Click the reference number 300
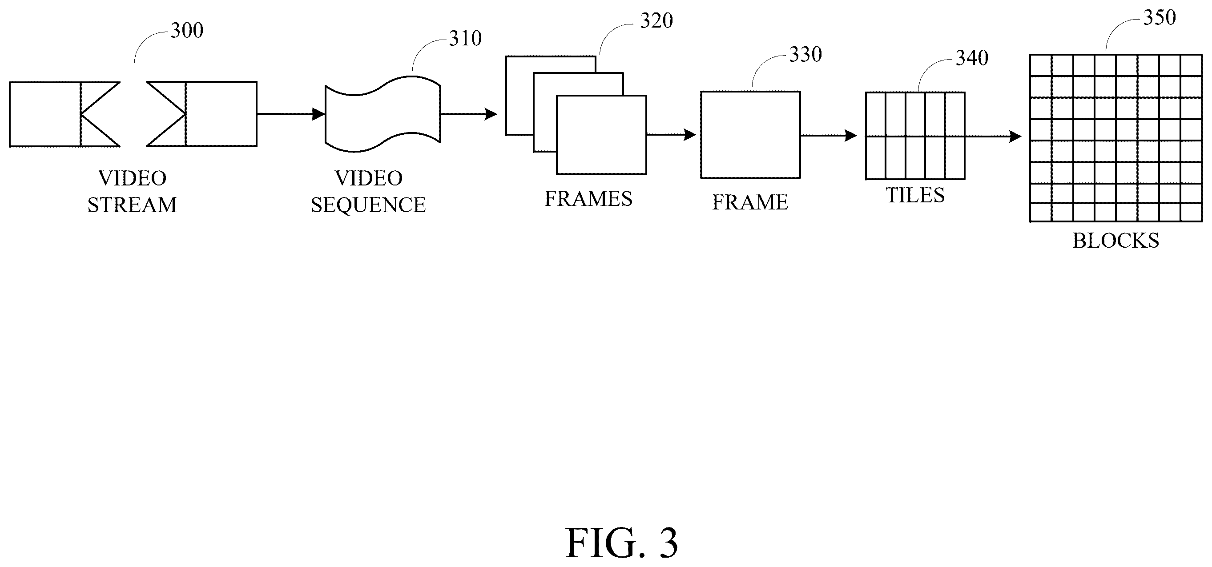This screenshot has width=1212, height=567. click(x=187, y=31)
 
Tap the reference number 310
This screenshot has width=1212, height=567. click(x=465, y=39)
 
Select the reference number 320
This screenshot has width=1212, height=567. click(x=656, y=21)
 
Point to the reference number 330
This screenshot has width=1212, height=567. click(x=805, y=55)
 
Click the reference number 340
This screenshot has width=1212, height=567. click(x=972, y=58)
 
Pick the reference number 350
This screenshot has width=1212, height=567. click(x=1160, y=18)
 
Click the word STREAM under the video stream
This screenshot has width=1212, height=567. click(x=132, y=205)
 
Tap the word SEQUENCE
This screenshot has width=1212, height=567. click(x=368, y=205)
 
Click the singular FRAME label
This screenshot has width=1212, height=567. click(x=750, y=202)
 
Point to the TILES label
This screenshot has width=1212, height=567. click(x=915, y=195)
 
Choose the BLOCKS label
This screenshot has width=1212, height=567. click(x=1115, y=241)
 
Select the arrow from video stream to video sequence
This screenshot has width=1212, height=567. click(x=291, y=114)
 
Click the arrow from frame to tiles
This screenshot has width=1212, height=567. click(x=829, y=136)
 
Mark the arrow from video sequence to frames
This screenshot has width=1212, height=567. click(x=469, y=114)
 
